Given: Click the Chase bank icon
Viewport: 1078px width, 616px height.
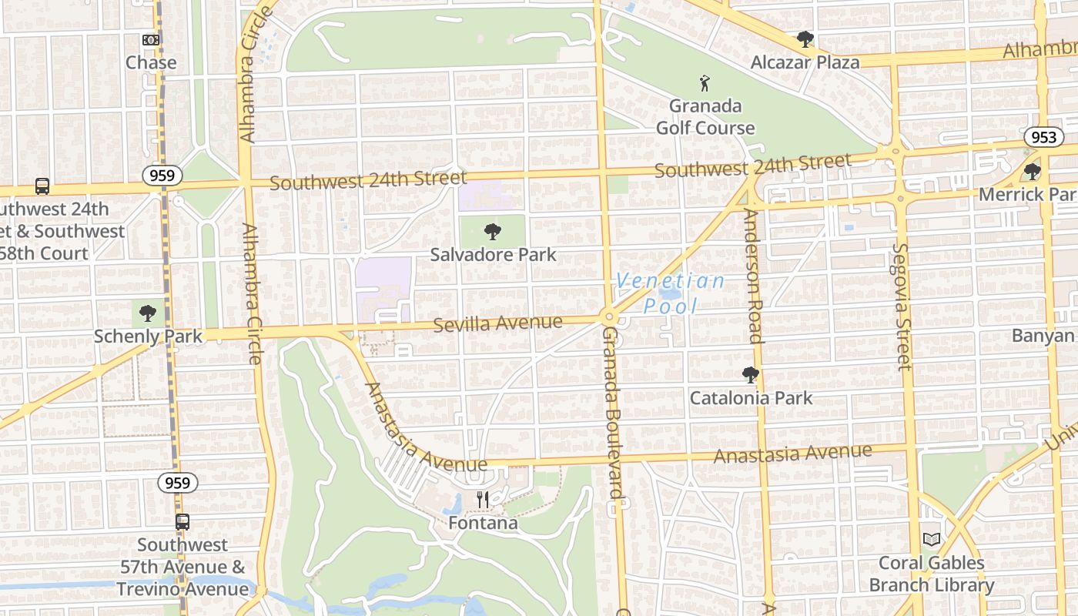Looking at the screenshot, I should point(151,39).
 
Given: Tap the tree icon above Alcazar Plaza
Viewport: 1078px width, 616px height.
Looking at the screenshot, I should point(805,38).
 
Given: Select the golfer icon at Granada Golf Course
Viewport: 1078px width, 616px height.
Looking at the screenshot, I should point(705,83).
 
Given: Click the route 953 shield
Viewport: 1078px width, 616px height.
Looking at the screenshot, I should point(1043,137).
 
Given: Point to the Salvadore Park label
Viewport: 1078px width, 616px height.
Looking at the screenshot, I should point(493,254).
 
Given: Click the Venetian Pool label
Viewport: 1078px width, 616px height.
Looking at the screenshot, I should point(670,293).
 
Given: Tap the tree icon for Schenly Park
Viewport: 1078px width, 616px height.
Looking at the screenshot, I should point(147,313).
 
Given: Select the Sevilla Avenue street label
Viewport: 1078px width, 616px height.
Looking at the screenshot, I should point(497,323).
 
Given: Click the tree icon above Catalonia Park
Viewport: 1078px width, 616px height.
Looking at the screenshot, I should point(751,376).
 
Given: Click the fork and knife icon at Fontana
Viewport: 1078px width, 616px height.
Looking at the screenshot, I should point(483,500).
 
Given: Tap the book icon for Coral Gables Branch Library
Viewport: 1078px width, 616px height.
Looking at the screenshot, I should point(932,539).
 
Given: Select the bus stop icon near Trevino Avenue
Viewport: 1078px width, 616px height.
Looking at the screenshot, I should point(182,521).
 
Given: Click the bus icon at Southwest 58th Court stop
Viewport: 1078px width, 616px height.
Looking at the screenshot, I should point(42,186).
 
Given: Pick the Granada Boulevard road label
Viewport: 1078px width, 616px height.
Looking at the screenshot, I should point(612,420).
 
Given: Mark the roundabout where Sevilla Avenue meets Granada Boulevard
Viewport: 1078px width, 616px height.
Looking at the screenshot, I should point(608,316).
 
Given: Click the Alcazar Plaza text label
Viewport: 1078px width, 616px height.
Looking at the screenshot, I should point(805,62).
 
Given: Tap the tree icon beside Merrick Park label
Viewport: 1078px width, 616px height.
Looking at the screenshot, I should point(1033,171).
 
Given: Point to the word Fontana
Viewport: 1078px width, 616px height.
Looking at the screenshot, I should point(483,524).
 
